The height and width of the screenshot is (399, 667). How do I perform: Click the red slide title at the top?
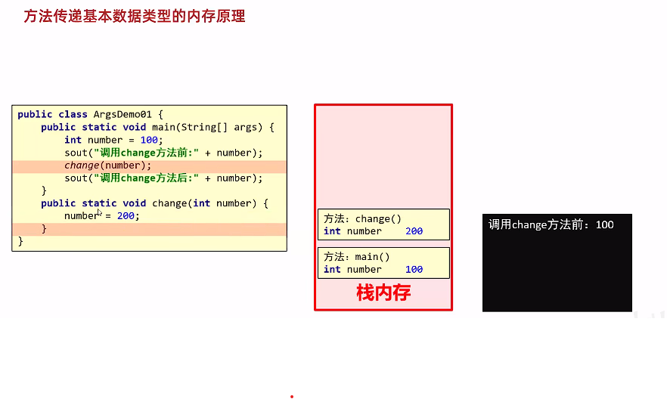(135, 16)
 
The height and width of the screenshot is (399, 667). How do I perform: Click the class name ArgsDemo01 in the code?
(123, 114)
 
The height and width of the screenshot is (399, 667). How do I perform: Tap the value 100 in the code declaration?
(149, 140)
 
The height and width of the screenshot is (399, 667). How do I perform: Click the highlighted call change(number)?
(108, 165)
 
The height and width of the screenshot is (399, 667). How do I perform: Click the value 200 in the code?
(126, 216)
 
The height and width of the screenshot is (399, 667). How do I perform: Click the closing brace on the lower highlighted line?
(44, 228)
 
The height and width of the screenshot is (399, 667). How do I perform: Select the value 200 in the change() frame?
(414, 231)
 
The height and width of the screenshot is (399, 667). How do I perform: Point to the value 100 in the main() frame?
(414, 270)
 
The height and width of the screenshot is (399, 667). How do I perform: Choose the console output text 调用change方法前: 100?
(551, 224)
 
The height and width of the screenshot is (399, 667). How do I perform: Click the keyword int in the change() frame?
(332, 231)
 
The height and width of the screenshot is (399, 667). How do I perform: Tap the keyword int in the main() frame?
(332, 270)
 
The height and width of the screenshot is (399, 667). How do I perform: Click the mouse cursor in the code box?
(99, 213)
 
